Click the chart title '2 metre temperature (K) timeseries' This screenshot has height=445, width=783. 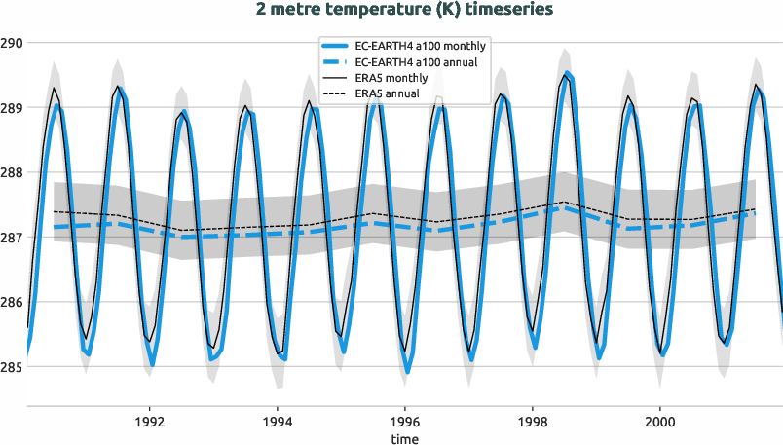pyautogui.click(x=391, y=10)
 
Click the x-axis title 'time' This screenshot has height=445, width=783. pyautogui.click(x=405, y=439)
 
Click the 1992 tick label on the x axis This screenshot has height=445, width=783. pyautogui.click(x=150, y=423)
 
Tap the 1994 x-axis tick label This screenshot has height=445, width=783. pyautogui.click(x=278, y=423)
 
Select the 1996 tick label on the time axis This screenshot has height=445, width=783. pyautogui.click(x=405, y=423)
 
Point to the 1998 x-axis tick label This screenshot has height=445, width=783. pyautogui.click(x=533, y=423)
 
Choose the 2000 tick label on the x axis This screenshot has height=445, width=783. pyautogui.click(x=660, y=423)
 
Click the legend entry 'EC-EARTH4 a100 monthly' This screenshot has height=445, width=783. pyautogui.click(x=422, y=46)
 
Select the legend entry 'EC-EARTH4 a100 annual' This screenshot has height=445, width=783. pyautogui.click(x=420, y=61)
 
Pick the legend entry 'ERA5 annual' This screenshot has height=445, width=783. pyautogui.click(x=388, y=93)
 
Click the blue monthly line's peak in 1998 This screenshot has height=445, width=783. pyautogui.click(x=568, y=73)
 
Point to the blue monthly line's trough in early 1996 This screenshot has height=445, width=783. pyautogui.click(x=407, y=372)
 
